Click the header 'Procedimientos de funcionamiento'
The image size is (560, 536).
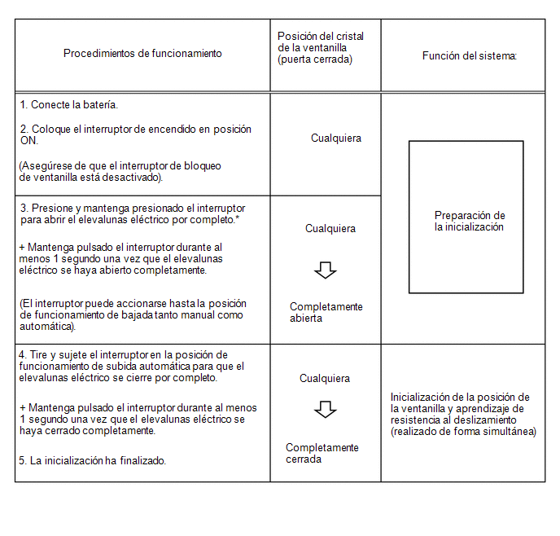click(x=142, y=54)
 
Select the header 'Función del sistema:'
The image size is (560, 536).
click(x=470, y=55)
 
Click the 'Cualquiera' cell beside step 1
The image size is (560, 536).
click(x=336, y=138)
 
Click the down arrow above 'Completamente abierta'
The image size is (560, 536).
click(x=326, y=270)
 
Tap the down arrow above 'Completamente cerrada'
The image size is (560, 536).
click(x=326, y=410)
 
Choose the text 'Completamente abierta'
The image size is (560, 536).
click(x=326, y=313)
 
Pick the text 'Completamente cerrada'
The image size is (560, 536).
click(x=322, y=454)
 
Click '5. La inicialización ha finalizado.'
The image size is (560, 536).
click(x=93, y=461)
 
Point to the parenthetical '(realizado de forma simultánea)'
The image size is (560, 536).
click(x=463, y=432)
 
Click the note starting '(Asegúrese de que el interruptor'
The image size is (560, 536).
click(x=120, y=171)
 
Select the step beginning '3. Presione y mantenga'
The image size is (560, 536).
click(x=133, y=214)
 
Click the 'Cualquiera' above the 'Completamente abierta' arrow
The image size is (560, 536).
click(x=330, y=229)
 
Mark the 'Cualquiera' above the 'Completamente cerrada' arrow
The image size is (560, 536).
click(x=325, y=379)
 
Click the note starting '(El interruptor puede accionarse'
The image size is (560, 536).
click(x=133, y=315)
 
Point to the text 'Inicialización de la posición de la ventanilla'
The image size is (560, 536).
click(x=460, y=402)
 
